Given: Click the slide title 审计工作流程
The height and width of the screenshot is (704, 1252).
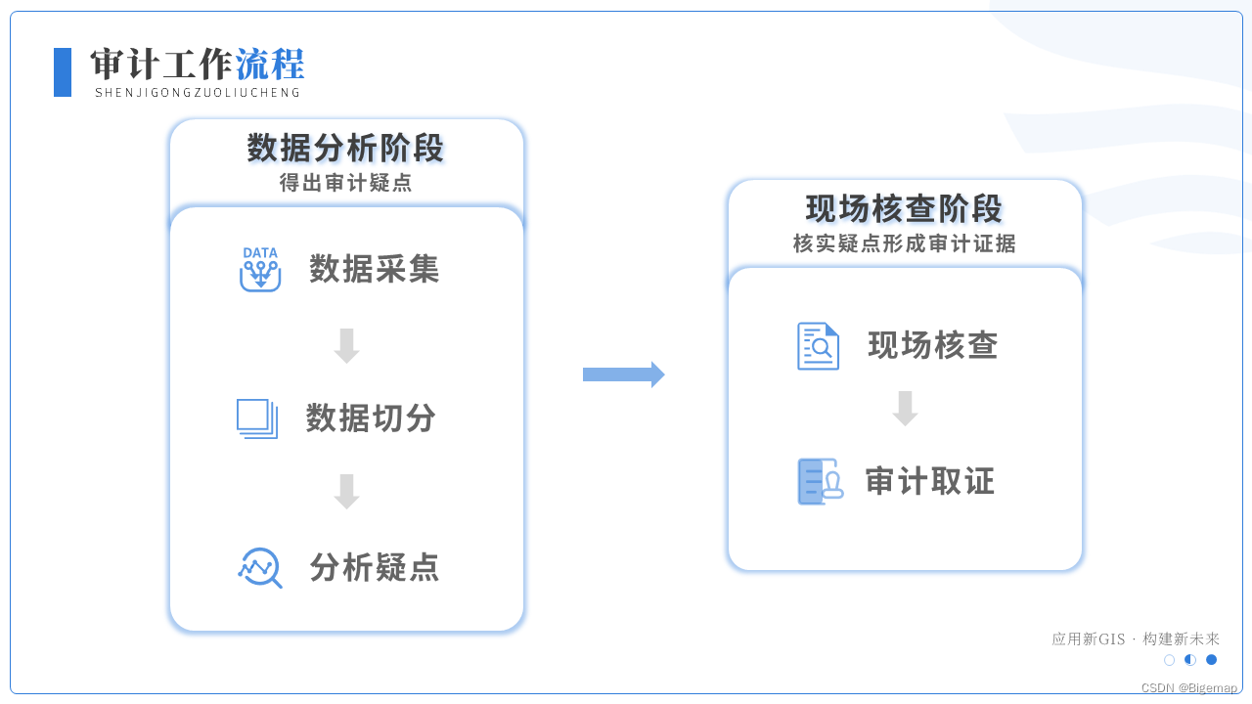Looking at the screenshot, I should tap(197, 65).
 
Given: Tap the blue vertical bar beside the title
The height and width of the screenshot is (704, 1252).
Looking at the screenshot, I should tap(63, 72).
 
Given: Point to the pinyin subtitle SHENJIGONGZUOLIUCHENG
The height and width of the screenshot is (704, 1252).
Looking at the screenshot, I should tap(198, 93).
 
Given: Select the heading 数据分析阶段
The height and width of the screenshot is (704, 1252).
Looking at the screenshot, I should tap(346, 149).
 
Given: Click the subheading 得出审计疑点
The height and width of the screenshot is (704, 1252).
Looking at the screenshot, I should tap(346, 183).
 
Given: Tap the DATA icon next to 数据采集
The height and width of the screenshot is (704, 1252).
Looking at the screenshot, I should tap(260, 270).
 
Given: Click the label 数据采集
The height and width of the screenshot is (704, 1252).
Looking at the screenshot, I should tap(375, 269).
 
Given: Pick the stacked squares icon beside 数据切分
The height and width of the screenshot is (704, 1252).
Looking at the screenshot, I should tap(257, 418).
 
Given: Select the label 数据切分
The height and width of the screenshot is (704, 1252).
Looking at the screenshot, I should tap(372, 418).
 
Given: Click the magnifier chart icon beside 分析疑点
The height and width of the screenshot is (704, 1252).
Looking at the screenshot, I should tap(260, 567).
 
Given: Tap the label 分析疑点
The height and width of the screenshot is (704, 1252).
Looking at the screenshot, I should tap(375, 567).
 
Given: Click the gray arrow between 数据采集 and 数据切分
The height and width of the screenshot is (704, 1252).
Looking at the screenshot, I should tap(346, 345).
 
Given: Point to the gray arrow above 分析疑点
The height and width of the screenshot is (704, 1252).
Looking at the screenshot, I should tap(346, 491).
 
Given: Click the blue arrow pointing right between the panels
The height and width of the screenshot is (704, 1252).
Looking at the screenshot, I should tap(623, 374).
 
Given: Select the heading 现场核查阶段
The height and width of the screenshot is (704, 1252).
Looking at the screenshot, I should tap(905, 209).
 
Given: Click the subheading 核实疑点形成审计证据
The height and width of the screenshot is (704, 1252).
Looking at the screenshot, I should tap(905, 244).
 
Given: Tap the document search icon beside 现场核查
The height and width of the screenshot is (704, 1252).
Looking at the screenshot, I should tap(818, 346).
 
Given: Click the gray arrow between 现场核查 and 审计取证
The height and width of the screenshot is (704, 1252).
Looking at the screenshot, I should tap(905, 409).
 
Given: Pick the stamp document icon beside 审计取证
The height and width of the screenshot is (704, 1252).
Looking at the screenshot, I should tap(820, 481).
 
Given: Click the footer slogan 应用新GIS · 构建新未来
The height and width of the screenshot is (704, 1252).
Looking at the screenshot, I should tap(1136, 638).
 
